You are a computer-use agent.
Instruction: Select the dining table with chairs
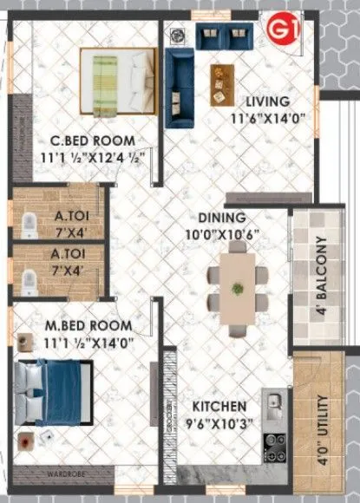pyautogui.click(x=237, y=281)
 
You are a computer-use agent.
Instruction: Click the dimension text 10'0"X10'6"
pyautogui.click(x=225, y=234)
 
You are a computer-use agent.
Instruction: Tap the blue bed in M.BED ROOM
pyautogui.click(x=51, y=393)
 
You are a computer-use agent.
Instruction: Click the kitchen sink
pyautogui.click(x=274, y=404)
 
